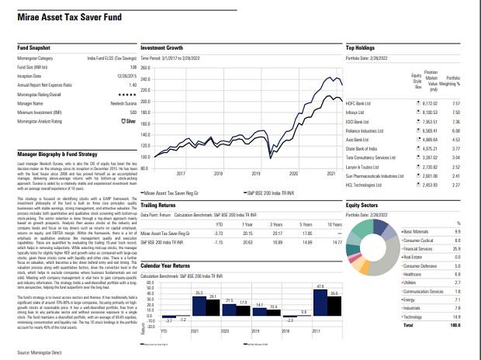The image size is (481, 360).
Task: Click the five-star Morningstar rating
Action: (x=126, y=93)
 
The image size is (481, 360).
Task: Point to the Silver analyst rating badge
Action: (x=128, y=121)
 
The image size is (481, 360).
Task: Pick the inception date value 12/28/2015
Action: (x=126, y=76)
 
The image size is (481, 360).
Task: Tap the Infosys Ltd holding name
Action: (x=355, y=112)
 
